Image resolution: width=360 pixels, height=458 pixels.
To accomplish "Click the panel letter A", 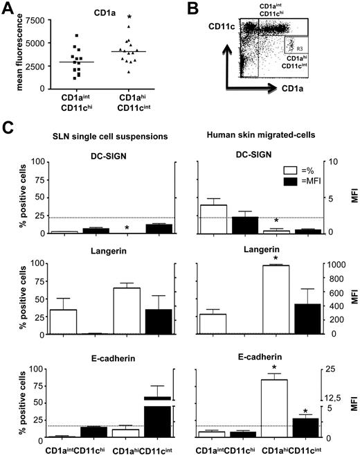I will click(8, 8).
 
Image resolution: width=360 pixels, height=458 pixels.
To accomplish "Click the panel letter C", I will click(8, 128).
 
